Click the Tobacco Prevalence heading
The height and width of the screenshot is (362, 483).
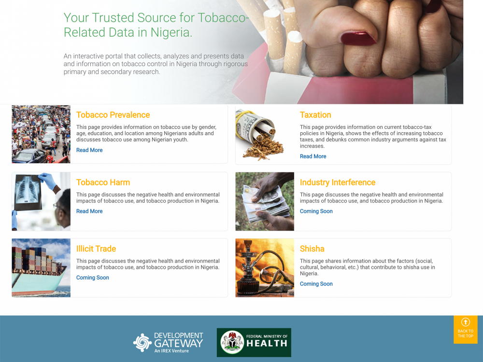113,115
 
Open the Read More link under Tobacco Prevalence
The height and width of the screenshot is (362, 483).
89,150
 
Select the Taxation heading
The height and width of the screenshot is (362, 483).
315,115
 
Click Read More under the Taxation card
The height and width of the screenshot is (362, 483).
313,156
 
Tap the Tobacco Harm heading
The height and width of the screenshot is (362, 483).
103,182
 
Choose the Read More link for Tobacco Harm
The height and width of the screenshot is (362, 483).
89,211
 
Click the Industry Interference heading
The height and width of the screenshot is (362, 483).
338,182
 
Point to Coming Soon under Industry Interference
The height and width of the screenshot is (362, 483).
316,211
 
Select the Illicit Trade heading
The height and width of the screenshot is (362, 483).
96,249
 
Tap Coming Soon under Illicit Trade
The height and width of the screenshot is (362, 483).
93,278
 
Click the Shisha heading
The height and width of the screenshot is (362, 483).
312,249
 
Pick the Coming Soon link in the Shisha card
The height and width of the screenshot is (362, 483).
316,284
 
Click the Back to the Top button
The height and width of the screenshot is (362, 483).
466,329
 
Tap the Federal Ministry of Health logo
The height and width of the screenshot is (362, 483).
254,343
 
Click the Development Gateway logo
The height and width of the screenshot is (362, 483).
168,342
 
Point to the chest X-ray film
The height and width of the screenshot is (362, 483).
28,193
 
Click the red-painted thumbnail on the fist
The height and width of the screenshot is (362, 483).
358,38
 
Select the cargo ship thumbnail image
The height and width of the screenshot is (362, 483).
41,268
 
